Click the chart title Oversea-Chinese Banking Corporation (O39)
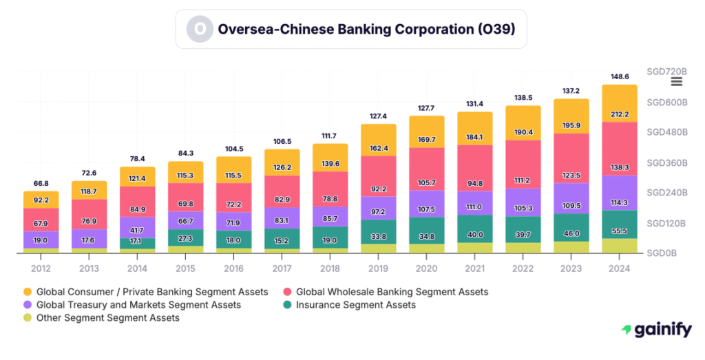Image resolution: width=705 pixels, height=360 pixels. pyautogui.click(x=366, y=29)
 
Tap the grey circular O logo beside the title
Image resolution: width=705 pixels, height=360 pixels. pyautogui.click(x=200, y=29)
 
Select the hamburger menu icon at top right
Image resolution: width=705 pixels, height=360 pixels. pyautogui.click(x=676, y=81)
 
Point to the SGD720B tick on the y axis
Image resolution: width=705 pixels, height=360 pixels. pyautogui.click(x=666, y=72)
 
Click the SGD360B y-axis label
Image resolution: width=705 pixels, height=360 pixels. pyautogui.click(x=666, y=162)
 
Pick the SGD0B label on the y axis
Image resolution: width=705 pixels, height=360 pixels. pyautogui.click(x=662, y=253)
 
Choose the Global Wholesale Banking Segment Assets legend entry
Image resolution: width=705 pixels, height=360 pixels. pyautogui.click(x=391, y=292)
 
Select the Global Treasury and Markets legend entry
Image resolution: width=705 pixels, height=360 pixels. pyautogui.click(x=138, y=304)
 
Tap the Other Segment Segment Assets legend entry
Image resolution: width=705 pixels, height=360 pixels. pyautogui.click(x=107, y=317)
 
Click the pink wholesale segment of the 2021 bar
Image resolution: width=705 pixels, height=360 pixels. pyautogui.click(x=474, y=167)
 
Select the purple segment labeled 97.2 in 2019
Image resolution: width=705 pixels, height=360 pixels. pyautogui.click(x=378, y=209)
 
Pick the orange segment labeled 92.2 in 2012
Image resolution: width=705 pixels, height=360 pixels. pyautogui.click(x=41, y=200)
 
